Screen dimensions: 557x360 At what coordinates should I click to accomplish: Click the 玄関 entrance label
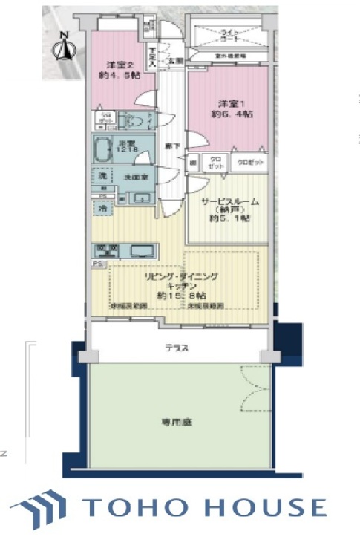(175, 60)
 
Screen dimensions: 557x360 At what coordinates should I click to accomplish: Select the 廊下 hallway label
(171, 146)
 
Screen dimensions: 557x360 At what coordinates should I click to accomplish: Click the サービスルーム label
(227, 201)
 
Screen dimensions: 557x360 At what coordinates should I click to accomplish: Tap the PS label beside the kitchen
(96, 264)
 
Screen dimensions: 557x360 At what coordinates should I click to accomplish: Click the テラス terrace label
(176, 347)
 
